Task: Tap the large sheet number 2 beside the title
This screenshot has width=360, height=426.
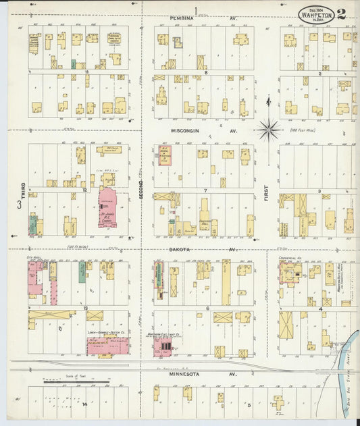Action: [x=342, y=14]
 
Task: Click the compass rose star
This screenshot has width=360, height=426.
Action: [x=269, y=127]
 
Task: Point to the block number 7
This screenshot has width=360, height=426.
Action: [x=205, y=190]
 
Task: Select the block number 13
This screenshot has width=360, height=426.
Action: [x=86, y=307]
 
